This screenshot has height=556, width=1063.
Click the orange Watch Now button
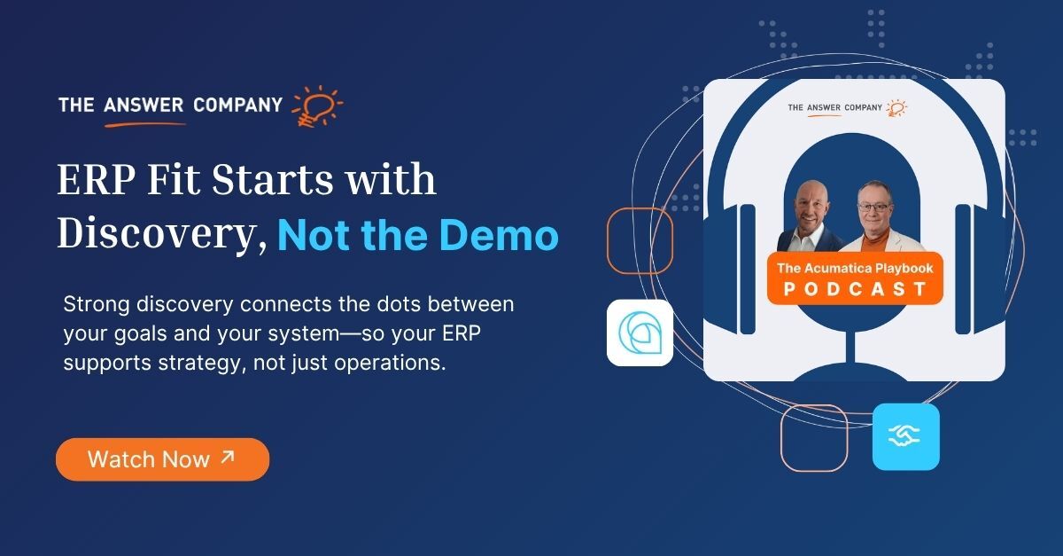[x=162, y=459]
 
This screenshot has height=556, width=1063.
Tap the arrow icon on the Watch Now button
[x=228, y=458]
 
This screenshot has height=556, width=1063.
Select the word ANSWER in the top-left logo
[x=141, y=106]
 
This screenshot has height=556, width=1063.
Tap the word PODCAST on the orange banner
[x=853, y=289]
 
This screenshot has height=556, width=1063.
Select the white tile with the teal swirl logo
[x=640, y=333]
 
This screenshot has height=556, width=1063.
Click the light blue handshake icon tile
[x=905, y=436]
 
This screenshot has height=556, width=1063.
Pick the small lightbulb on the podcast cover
[x=896, y=108]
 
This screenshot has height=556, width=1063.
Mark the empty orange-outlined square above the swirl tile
[x=640, y=241]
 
